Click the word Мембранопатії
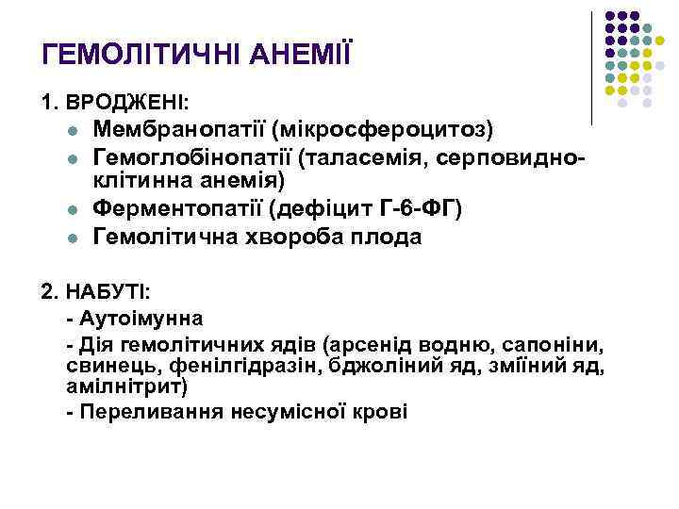click(179, 127)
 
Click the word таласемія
click(362, 155)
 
